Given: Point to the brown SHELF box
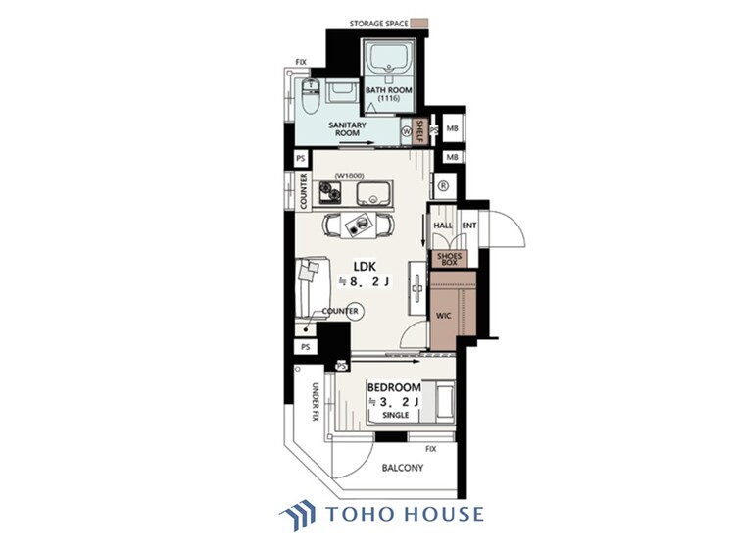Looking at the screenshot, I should click(420, 131).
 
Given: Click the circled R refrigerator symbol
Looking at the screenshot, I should click(443, 185).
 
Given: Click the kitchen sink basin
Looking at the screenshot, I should click(372, 191).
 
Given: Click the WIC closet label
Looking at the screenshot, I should click(442, 317).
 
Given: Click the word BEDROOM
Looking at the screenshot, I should click(394, 388).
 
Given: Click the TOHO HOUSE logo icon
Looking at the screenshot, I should click(297, 514).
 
